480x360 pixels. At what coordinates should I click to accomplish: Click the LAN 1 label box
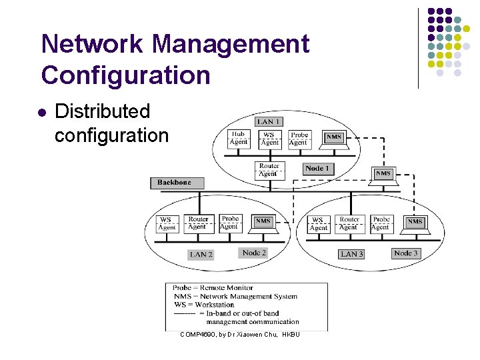pyautogui.click(x=269, y=121)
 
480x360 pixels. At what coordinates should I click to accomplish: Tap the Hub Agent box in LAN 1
pyautogui.click(x=238, y=138)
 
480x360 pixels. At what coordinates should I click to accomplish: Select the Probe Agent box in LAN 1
pyautogui.click(x=299, y=138)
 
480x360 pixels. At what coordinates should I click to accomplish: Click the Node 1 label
pyautogui.click(x=317, y=169)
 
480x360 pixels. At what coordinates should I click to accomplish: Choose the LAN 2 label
pyautogui.click(x=201, y=255)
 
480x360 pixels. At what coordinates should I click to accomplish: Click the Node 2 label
pyautogui.click(x=254, y=253)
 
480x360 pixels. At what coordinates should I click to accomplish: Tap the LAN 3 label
pyautogui.click(x=351, y=254)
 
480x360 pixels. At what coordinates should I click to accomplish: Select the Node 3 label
pyautogui.click(x=405, y=253)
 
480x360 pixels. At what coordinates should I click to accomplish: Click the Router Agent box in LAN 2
pyautogui.click(x=198, y=223)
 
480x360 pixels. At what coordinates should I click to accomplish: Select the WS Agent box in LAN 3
pyautogui.click(x=319, y=224)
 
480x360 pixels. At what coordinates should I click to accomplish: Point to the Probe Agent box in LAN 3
pyautogui.click(x=381, y=223)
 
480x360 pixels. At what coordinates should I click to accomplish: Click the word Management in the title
pyautogui.click(x=230, y=45)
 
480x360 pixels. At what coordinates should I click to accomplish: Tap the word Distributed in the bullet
pyautogui.click(x=102, y=112)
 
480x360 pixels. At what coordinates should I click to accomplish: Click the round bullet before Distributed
pyautogui.click(x=43, y=112)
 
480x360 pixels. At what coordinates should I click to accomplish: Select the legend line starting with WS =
pyautogui.click(x=204, y=305)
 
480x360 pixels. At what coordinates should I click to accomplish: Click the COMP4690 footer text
pyautogui.click(x=239, y=334)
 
